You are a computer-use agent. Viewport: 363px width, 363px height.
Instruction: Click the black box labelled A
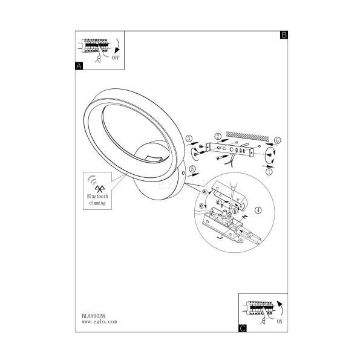click(x=79, y=66)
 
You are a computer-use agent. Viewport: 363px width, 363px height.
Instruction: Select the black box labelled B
click(x=284, y=34)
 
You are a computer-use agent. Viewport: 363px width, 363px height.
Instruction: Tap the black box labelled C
click(x=243, y=329)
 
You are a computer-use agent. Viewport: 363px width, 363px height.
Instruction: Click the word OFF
click(x=116, y=57)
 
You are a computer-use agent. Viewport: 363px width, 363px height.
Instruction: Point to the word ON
click(x=280, y=321)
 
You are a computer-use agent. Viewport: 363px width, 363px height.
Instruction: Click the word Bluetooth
click(x=97, y=196)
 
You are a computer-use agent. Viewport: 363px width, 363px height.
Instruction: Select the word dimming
click(x=97, y=203)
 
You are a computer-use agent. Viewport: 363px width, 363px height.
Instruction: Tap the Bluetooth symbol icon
click(x=100, y=189)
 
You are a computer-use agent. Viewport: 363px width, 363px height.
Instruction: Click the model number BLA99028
click(x=93, y=316)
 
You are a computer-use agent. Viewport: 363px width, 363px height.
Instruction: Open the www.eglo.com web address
click(x=99, y=322)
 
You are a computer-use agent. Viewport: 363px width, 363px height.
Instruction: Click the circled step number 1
click(x=269, y=172)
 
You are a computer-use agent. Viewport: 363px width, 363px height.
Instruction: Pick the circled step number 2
click(x=218, y=136)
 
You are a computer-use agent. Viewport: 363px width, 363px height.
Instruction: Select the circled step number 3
click(x=189, y=139)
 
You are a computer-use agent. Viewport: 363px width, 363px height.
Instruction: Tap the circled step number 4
click(x=258, y=210)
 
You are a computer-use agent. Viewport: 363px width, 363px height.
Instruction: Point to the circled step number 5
click(x=192, y=169)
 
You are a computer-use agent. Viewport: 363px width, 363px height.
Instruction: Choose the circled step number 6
click(x=277, y=140)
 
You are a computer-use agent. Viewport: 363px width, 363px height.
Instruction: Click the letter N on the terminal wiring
click(x=244, y=217)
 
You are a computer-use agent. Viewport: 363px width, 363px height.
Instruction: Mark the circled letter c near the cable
click(x=249, y=235)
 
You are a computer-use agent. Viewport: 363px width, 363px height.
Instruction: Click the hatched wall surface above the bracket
click(x=247, y=136)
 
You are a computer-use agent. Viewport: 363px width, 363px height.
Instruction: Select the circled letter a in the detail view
click(x=204, y=192)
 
